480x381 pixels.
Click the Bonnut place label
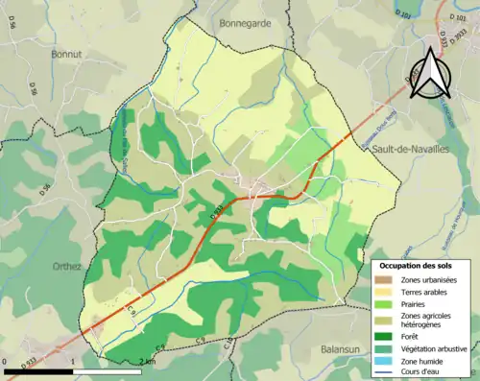tap(68, 55)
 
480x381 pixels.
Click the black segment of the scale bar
tap(39, 370)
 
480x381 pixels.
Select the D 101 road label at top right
tap(454, 16)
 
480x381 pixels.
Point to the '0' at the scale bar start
tap(7, 362)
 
